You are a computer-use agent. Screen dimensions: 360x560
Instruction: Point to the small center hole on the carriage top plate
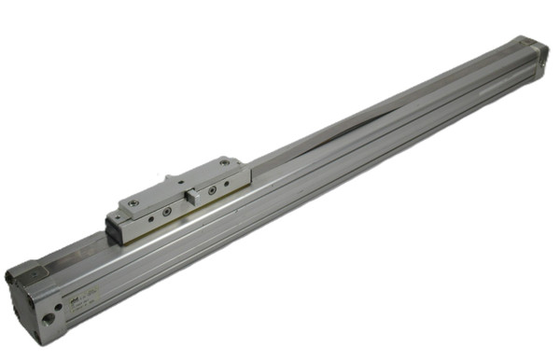tap(184, 183)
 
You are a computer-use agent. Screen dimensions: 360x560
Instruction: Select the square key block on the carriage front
tap(190, 197)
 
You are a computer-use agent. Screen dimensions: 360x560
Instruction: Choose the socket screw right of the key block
tap(213, 189)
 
